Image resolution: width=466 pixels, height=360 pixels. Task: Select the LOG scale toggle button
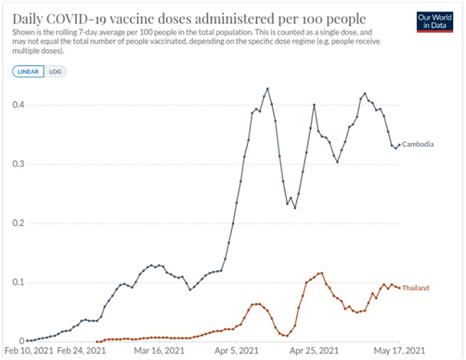(x=56, y=71)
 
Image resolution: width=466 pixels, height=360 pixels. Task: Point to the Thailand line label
(x=415, y=288)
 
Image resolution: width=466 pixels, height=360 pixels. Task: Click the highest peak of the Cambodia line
(x=267, y=89)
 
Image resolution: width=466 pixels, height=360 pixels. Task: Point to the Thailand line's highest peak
(x=321, y=273)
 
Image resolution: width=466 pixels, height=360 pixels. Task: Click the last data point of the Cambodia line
(x=399, y=145)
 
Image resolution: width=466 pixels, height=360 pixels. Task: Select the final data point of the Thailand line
(x=399, y=288)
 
